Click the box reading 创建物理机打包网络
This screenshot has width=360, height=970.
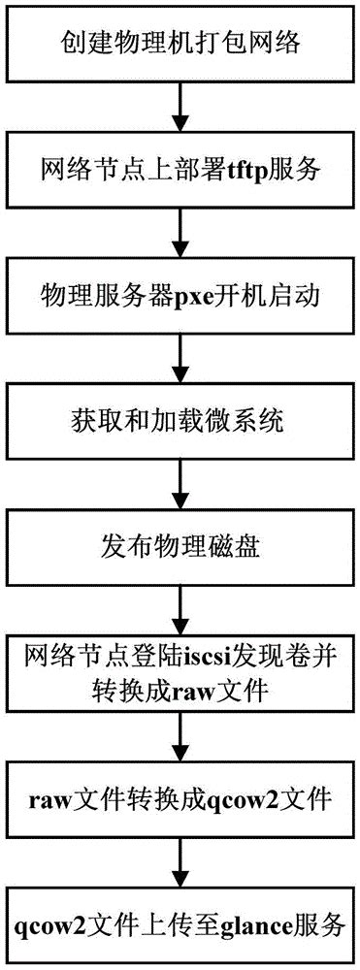point(179,46)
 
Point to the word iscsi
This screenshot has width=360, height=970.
point(196,653)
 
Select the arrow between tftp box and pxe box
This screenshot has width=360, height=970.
point(179,230)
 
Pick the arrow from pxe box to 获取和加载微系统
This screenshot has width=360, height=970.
point(179,353)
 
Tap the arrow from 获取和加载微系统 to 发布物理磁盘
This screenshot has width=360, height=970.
point(179,477)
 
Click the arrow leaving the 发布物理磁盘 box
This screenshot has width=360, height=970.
point(179,601)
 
